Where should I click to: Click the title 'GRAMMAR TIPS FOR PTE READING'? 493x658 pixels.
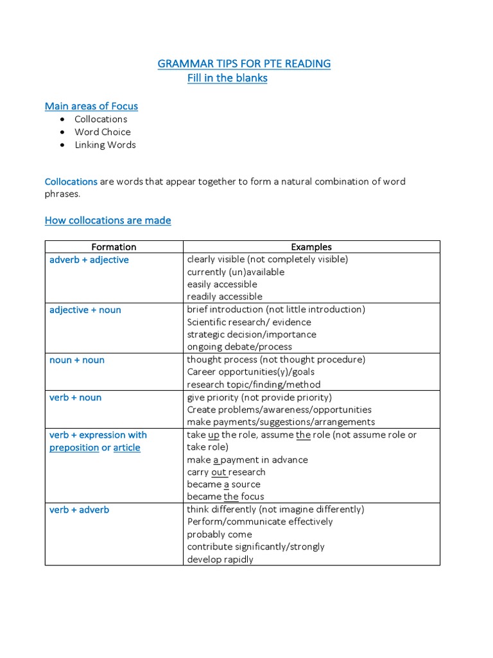click(244, 64)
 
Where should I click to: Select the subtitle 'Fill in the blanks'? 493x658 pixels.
click(227, 78)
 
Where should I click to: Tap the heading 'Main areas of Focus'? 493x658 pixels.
click(91, 106)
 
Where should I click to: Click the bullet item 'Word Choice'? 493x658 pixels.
click(102, 132)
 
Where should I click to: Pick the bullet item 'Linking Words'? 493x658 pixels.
click(105, 145)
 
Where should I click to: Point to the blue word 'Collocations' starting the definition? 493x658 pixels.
click(71, 182)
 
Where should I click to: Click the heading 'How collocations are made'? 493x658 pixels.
click(108, 220)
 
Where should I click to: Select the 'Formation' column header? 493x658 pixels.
click(114, 247)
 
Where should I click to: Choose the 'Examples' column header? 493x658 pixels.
click(311, 247)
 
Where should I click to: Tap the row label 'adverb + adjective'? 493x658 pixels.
click(89, 260)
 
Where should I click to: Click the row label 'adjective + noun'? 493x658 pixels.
click(85, 310)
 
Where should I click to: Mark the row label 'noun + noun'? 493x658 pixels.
click(77, 360)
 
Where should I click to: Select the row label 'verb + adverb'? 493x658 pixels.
click(80, 510)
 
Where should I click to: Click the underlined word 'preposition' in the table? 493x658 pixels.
click(74, 447)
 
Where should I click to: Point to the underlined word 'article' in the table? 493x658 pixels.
click(126, 447)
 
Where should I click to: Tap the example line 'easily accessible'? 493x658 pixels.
click(222, 284)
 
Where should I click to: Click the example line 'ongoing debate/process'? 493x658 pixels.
click(239, 346)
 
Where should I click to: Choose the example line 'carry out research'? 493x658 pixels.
click(226, 472)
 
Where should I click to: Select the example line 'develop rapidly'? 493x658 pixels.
click(220, 559)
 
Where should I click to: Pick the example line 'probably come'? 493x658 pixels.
click(220, 534)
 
